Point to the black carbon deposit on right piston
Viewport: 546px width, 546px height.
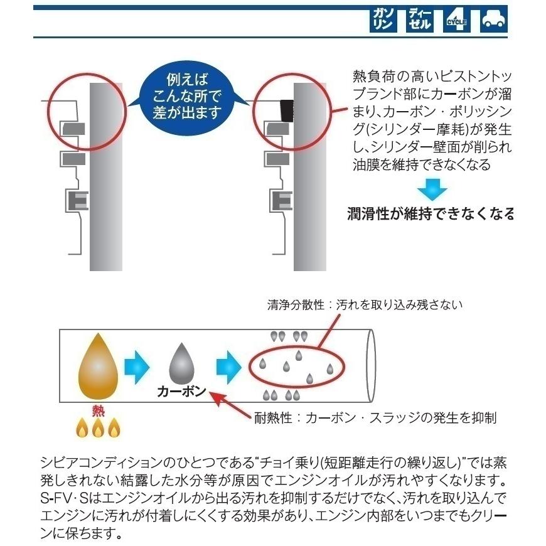point(287,111)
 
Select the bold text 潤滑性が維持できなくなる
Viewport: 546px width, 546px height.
point(431,214)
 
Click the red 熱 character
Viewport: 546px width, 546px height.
point(97,411)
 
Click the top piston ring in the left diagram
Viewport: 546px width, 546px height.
point(73,129)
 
